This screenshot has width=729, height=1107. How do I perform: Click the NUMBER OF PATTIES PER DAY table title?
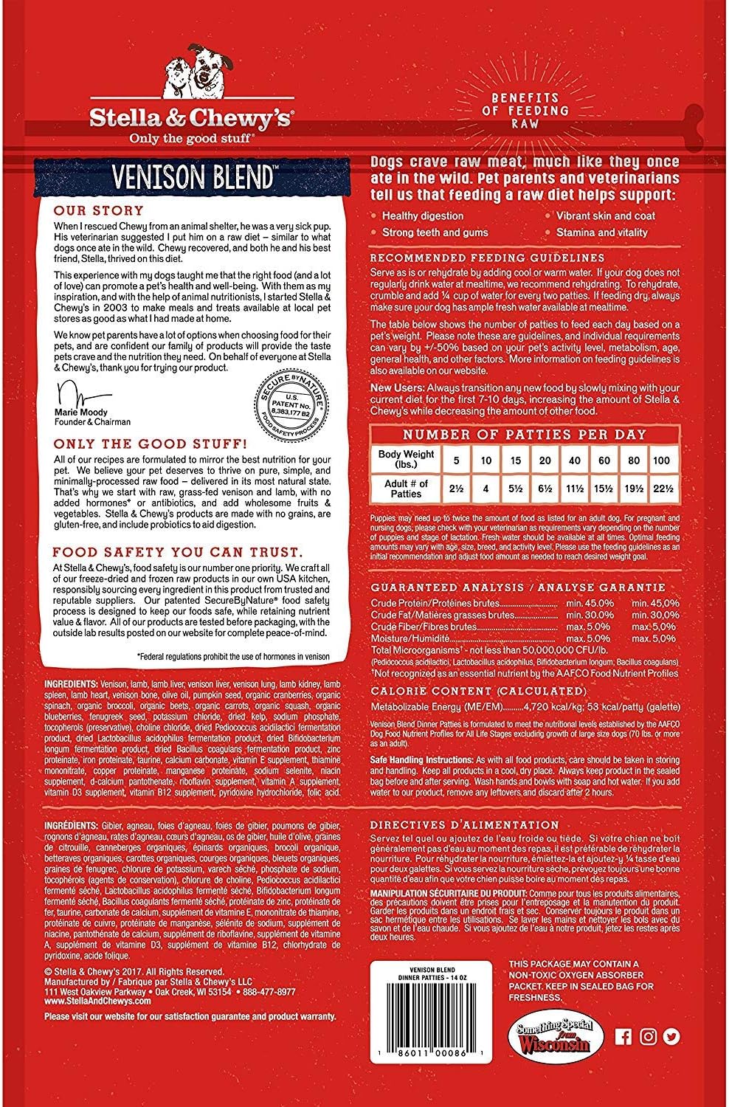524,435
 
